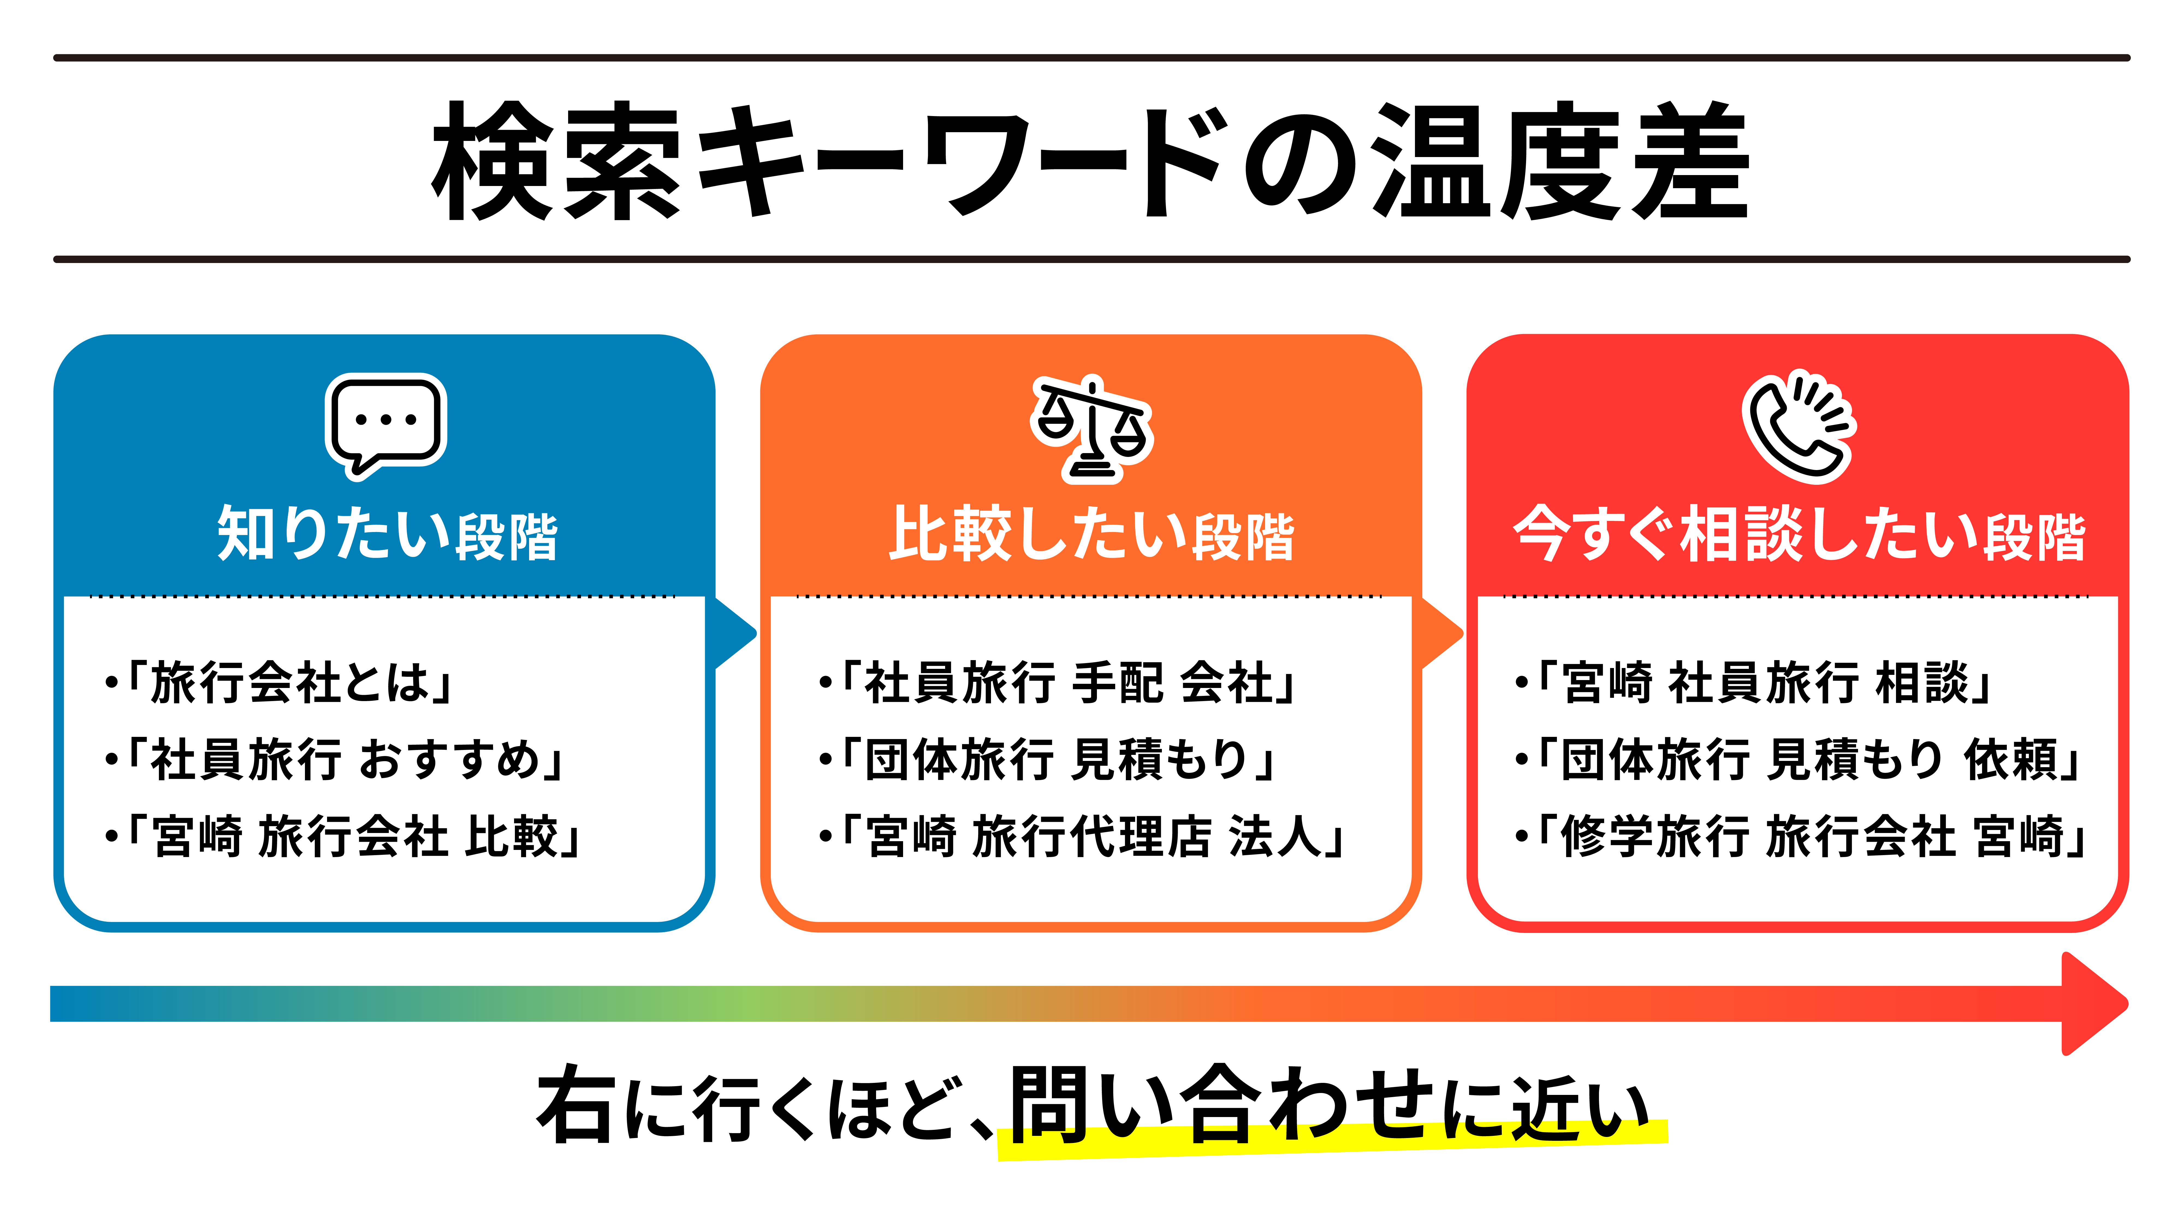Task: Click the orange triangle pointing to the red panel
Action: click(1441, 633)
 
